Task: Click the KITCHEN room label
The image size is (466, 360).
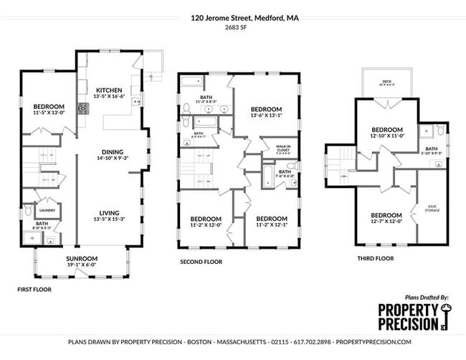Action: click(110, 90)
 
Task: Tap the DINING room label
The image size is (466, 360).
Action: click(113, 152)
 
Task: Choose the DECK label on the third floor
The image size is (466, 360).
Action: click(386, 81)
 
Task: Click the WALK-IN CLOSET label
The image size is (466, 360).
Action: click(283, 147)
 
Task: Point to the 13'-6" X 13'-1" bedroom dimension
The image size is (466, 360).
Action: click(266, 115)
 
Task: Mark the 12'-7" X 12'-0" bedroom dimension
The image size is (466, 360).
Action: click(386, 222)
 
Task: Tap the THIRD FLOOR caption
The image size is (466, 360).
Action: click(374, 258)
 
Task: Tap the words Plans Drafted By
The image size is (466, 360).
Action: click(427, 296)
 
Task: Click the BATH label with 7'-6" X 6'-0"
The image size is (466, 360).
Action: click(285, 172)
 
